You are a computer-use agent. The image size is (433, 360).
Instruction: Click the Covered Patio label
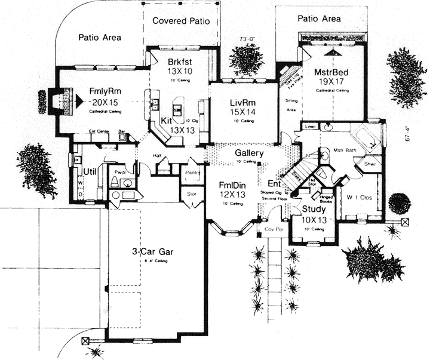(x=181, y=21)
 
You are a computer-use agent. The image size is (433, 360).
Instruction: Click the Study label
(x=313, y=210)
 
